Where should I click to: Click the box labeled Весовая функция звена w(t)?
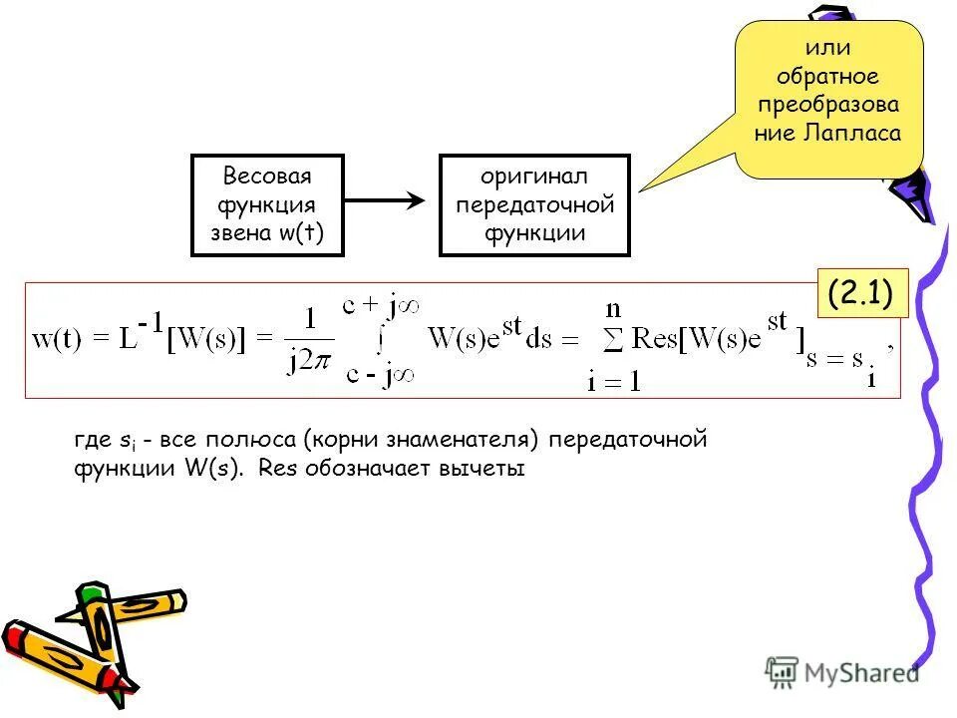267,205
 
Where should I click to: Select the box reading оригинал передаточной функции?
534,205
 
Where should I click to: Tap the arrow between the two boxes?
385,200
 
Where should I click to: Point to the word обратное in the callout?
829,76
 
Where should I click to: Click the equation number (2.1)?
858,294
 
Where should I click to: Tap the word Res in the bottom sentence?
272,468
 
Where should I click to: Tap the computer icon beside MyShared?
783,673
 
